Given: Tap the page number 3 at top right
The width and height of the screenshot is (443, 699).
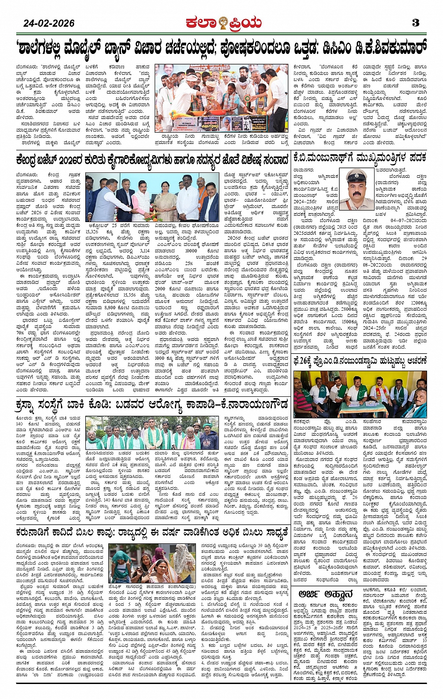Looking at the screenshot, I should tap(415, 22).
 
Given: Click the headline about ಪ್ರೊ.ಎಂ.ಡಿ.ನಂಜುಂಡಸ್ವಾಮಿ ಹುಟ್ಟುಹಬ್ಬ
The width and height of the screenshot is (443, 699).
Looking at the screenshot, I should tap(360, 361).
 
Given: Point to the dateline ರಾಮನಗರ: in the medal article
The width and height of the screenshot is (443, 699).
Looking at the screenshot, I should tap(303, 170).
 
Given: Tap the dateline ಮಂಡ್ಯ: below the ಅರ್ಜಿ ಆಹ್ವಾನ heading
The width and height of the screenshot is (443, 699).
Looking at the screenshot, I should tap(300, 605).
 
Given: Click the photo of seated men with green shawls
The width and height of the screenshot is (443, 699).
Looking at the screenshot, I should tap(360, 393).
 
